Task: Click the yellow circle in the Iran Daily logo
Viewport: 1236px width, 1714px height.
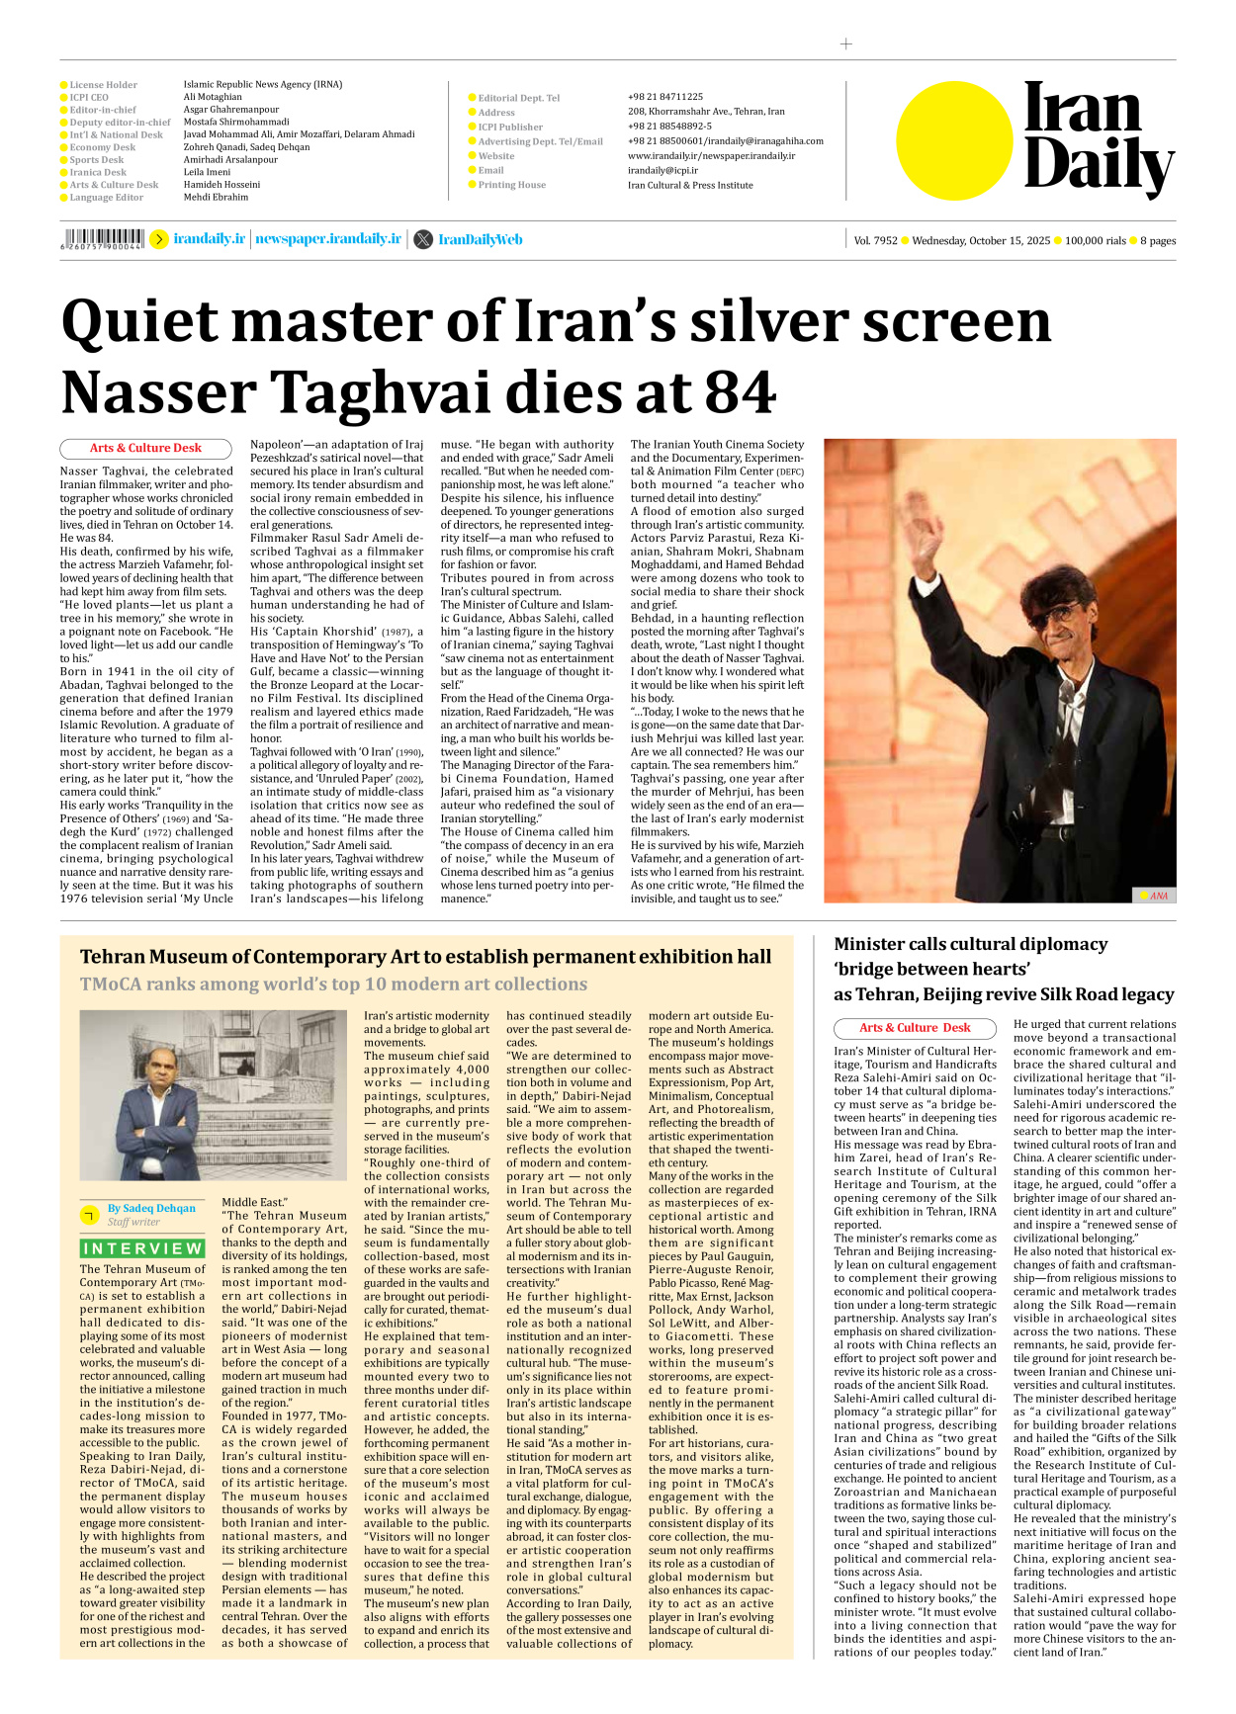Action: (954, 140)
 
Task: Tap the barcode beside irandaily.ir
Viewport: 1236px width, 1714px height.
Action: (103, 238)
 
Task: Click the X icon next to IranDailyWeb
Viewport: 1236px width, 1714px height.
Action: (423, 239)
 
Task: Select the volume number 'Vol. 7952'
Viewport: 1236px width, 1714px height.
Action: (875, 240)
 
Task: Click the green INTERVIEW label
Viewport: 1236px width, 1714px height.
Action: (142, 1248)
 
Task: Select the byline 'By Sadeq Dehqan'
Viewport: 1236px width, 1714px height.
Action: (151, 1208)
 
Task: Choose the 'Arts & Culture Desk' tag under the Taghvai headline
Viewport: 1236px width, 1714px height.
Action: (145, 448)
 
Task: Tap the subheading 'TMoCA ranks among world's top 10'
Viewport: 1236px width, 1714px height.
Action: (333, 985)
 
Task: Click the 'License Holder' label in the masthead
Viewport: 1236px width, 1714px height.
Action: (103, 85)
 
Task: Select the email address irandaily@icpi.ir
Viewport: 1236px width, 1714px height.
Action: (662, 170)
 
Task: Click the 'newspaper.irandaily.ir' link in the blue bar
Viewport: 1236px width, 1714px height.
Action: (328, 239)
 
